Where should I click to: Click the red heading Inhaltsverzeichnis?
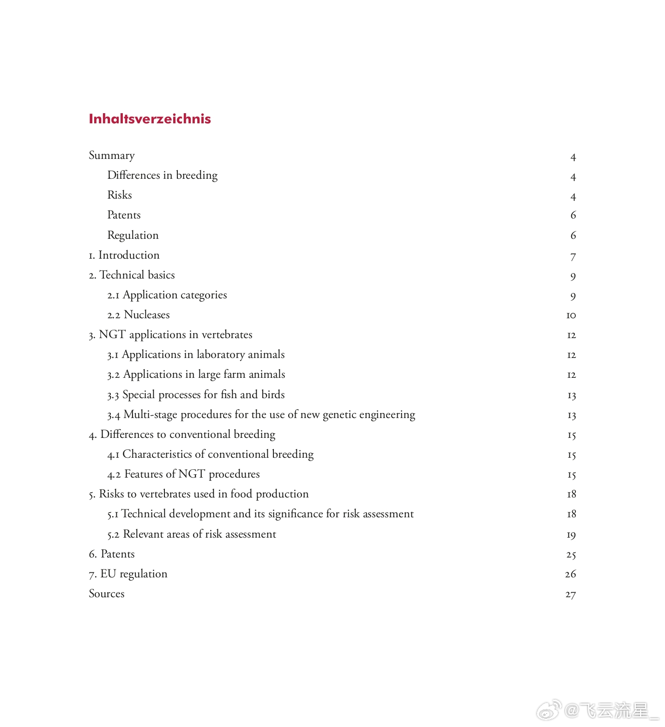point(150,119)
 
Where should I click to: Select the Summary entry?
point(112,156)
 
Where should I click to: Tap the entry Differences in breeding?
point(162,176)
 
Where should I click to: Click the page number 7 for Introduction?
point(573,256)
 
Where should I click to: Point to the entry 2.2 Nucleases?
point(139,315)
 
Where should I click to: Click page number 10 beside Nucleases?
point(571,315)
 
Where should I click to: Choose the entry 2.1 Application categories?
point(167,295)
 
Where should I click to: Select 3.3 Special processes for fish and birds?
point(196,395)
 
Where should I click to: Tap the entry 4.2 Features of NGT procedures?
point(183,474)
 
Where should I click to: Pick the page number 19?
point(571,535)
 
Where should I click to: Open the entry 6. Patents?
point(112,554)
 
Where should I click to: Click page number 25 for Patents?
point(571,555)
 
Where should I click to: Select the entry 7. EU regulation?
point(128,574)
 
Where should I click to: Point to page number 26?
point(570,574)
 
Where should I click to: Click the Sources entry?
point(107,594)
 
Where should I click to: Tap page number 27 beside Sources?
point(570,594)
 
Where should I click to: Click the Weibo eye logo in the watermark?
point(548,710)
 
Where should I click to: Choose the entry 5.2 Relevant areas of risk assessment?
point(192,534)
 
